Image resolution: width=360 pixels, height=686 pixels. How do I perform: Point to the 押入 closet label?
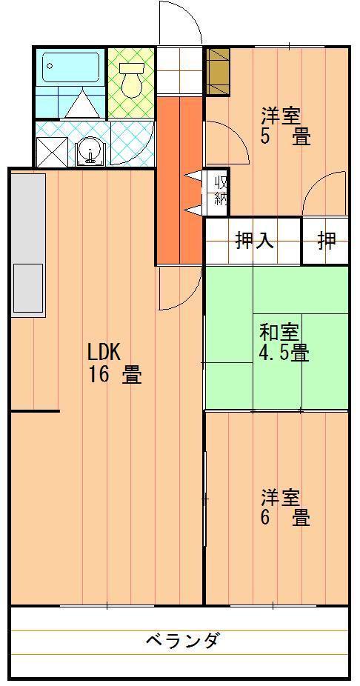point(255,240)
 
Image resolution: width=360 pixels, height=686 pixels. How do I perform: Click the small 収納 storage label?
point(221,191)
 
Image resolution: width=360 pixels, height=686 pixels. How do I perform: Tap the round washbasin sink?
point(91,152)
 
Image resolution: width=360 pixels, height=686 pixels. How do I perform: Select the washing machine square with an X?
point(52,152)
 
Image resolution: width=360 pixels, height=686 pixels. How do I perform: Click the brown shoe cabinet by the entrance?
point(218,71)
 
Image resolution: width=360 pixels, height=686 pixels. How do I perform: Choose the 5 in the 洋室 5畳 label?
point(265,137)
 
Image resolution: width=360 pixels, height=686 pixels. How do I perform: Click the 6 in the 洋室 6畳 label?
point(265,518)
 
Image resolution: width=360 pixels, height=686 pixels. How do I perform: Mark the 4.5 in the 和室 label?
point(273,353)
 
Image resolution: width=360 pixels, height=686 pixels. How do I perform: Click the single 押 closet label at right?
point(327,240)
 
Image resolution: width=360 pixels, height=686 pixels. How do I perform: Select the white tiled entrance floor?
point(179,71)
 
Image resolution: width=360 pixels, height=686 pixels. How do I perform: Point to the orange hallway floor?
point(179,180)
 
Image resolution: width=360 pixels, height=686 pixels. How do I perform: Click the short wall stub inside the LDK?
point(34,411)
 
